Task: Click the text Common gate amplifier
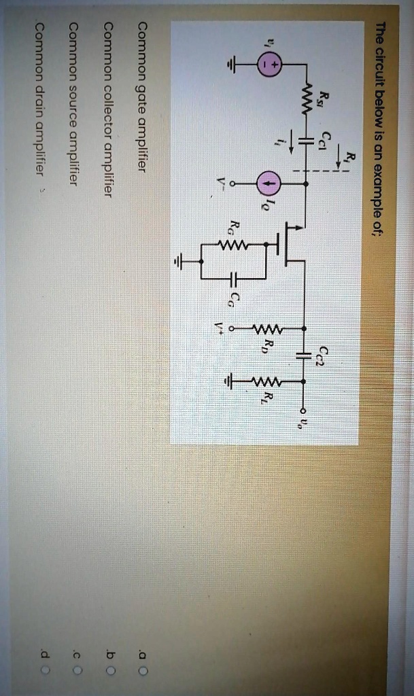point(142,97)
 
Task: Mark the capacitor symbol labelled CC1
point(304,141)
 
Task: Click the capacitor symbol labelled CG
point(232,279)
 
